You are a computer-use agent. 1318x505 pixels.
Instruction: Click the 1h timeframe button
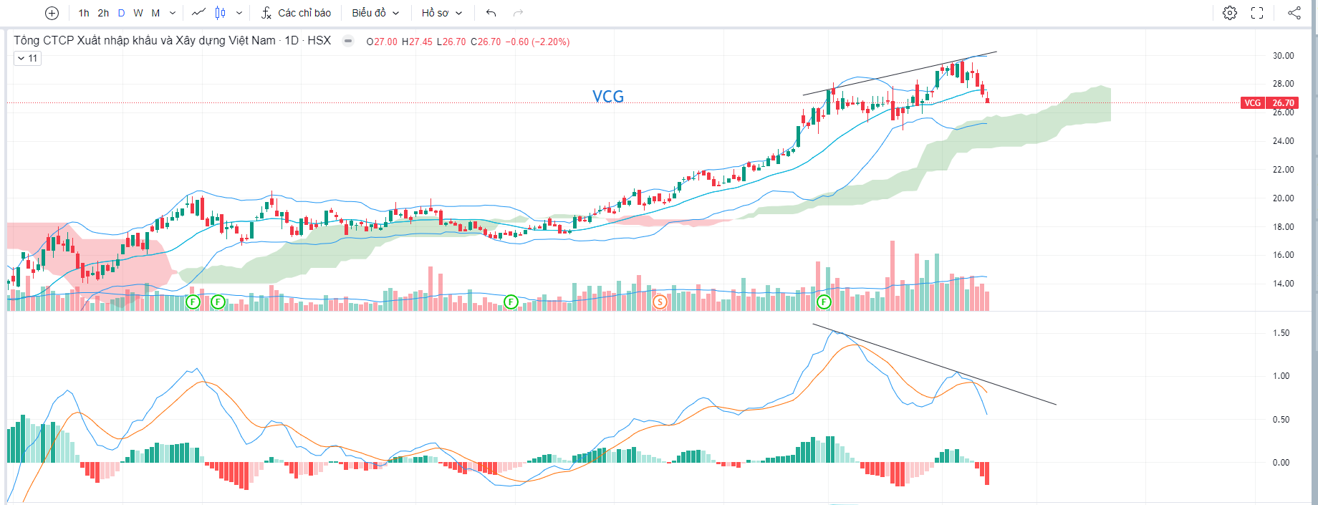coord(84,13)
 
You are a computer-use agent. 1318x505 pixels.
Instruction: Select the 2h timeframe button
coord(103,13)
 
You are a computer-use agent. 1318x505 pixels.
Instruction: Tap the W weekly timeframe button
coord(138,13)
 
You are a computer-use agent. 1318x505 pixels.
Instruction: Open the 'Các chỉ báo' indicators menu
coord(296,13)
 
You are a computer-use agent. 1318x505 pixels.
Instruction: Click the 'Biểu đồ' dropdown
coord(375,13)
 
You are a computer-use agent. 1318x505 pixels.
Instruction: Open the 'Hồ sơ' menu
coord(441,13)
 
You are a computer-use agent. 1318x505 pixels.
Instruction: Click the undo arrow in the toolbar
coord(491,13)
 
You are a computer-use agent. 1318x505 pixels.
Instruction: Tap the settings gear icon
coord(1230,13)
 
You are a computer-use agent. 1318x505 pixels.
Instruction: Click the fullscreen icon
coord(1257,13)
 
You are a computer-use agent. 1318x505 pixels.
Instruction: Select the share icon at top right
coord(1294,13)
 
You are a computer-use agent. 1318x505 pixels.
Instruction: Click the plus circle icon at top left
coord(52,13)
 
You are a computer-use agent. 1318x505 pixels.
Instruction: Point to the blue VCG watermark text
coord(608,97)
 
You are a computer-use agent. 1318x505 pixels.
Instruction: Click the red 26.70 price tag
coord(1283,103)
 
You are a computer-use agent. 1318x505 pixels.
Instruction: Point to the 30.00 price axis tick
coord(1283,56)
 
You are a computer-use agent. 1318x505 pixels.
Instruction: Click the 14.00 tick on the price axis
coord(1283,284)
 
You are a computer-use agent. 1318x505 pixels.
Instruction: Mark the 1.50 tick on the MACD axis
coord(1281,333)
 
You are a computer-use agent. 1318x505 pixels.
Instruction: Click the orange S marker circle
coord(660,302)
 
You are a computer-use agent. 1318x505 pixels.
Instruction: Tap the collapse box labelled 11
coord(28,58)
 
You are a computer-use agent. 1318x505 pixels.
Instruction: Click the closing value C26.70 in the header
coord(486,42)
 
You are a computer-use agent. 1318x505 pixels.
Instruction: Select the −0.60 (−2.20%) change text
coord(537,42)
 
